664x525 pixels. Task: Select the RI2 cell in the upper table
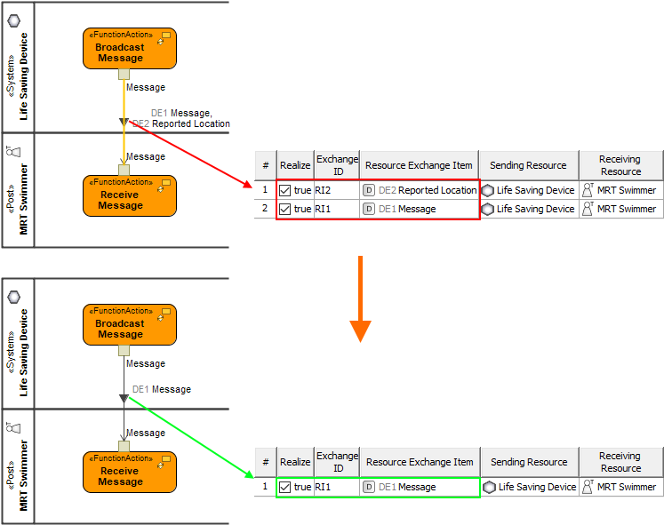[x=324, y=190]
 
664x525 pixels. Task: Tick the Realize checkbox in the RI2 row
[x=285, y=190]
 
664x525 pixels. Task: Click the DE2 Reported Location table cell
[x=420, y=190]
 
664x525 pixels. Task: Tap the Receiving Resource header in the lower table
[x=620, y=462]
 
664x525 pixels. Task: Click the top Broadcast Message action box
[x=130, y=48]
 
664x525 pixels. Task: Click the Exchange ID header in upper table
[x=337, y=165]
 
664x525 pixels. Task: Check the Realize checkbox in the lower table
[x=285, y=487]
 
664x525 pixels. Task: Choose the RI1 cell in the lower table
[x=325, y=487]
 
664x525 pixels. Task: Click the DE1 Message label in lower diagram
[x=162, y=389]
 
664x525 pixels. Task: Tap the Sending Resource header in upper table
[x=528, y=165]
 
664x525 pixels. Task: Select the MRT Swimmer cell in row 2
[x=620, y=209]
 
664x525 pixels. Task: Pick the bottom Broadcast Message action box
[x=130, y=324]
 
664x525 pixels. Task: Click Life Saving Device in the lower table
[x=529, y=487]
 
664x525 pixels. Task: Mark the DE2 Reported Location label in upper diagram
[x=182, y=124]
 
